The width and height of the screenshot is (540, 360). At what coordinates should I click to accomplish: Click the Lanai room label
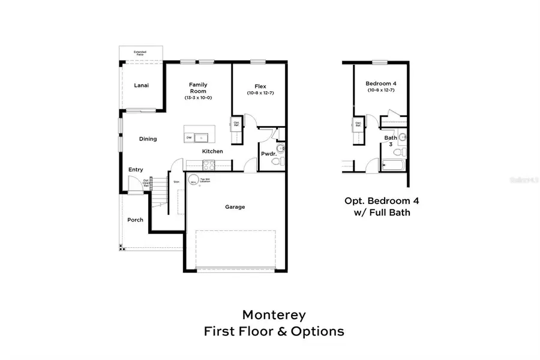pyautogui.click(x=141, y=86)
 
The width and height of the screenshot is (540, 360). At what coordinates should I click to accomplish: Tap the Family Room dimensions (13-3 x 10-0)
pyautogui.click(x=198, y=98)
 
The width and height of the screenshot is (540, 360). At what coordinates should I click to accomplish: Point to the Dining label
pyautogui.click(x=148, y=139)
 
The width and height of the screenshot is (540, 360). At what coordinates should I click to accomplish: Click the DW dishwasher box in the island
pyautogui.click(x=189, y=137)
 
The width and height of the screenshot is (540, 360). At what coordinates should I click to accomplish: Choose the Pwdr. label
pyautogui.click(x=268, y=154)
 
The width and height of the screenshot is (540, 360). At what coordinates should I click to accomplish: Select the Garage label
pyautogui.click(x=235, y=207)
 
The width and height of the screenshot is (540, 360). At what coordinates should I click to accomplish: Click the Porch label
pyautogui.click(x=136, y=220)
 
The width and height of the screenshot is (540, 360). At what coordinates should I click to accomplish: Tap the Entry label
pyautogui.click(x=136, y=170)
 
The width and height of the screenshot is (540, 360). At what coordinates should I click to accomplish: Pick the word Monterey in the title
pyautogui.click(x=274, y=314)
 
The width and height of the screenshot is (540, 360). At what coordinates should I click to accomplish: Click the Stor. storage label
pyautogui.click(x=176, y=181)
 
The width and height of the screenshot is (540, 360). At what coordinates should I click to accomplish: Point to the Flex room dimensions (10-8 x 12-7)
pyautogui.click(x=260, y=93)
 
